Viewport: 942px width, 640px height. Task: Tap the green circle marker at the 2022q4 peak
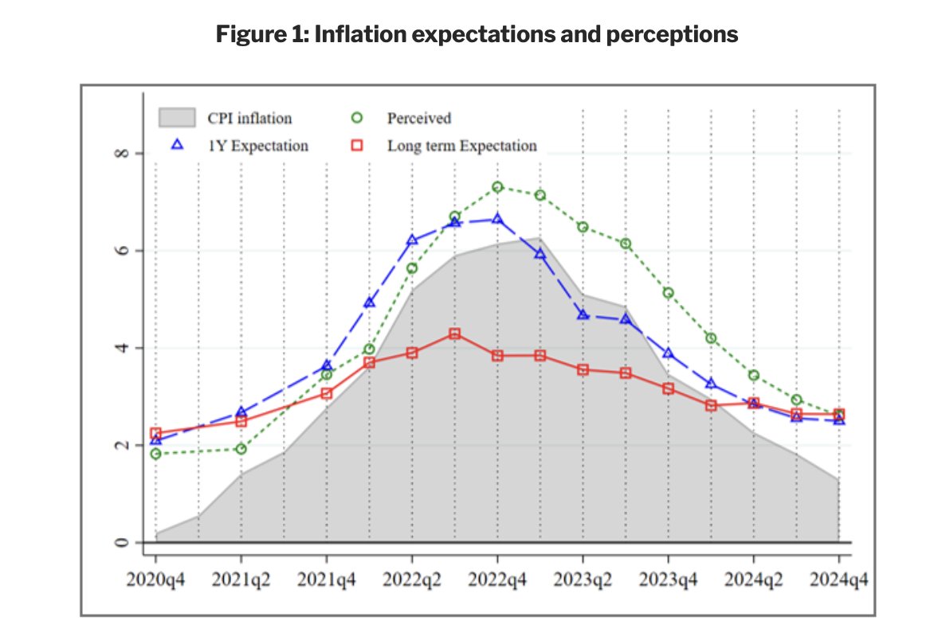[497, 187]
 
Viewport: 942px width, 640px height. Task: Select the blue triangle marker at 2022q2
[412, 240]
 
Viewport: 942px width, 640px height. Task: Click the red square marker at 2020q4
[156, 434]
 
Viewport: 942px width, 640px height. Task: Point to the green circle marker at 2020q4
[156, 454]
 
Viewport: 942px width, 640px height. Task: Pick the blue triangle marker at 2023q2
[583, 315]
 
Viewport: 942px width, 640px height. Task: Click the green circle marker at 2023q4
[668, 293]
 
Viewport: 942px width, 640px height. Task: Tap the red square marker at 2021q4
[327, 393]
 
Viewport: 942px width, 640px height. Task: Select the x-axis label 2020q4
[156, 580]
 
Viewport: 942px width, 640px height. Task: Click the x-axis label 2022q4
[497, 580]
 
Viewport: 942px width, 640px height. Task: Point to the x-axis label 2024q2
[753, 580]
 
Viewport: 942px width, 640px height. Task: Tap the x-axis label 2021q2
[241, 580]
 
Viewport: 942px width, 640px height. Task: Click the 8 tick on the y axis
[119, 153]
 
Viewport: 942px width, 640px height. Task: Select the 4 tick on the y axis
[119, 348]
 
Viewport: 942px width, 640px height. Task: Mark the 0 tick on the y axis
[119, 543]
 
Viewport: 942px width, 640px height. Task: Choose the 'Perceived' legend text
[419, 119]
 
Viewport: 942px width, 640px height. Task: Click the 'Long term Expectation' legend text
[462, 146]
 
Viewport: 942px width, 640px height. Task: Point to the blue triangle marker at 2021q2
[241, 412]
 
